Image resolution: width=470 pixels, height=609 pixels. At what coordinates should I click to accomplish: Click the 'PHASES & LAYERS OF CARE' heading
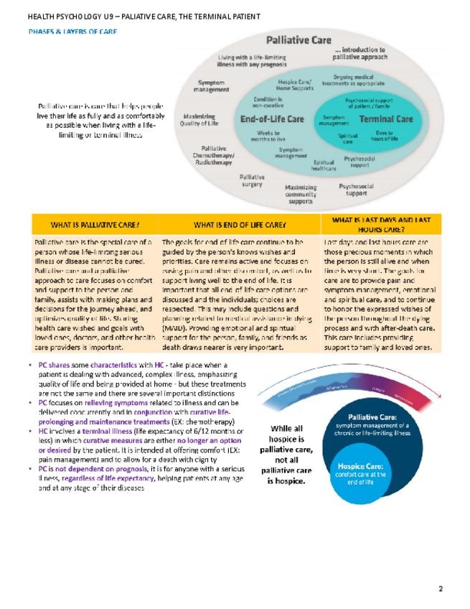(72, 32)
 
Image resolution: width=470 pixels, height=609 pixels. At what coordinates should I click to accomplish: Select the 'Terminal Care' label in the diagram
(385, 118)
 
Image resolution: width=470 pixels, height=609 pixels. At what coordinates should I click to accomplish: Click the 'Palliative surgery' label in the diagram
(251, 180)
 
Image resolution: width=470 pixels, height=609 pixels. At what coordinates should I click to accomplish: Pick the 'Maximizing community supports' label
(301, 195)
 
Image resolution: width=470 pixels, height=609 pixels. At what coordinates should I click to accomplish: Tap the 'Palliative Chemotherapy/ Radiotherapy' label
(213, 155)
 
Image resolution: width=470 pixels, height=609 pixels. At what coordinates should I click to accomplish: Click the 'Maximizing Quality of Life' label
(200, 119)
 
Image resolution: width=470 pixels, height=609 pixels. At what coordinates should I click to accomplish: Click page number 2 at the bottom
(441, 589)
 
